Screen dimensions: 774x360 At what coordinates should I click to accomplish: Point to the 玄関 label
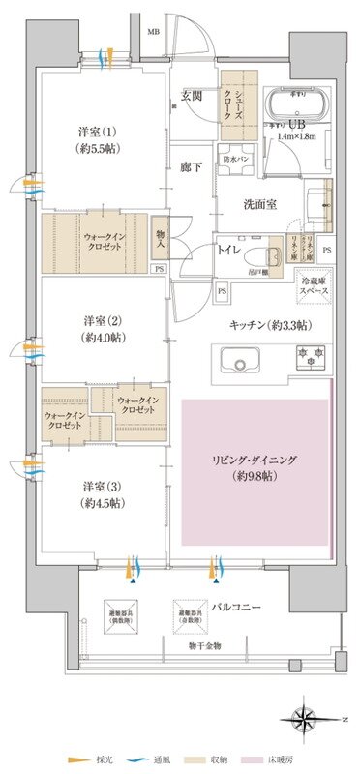tap(192, 95)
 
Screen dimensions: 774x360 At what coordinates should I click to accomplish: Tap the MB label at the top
tap(152, 32)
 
